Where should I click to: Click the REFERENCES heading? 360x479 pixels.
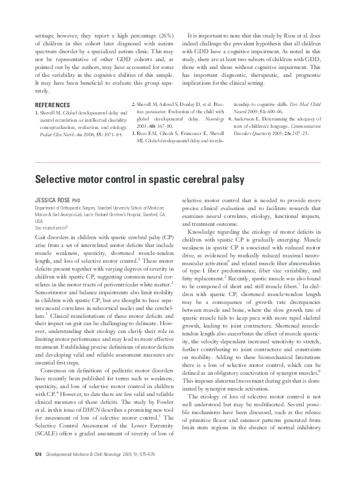click(x=54, y=105)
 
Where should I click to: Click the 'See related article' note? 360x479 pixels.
click(x=51, y=226)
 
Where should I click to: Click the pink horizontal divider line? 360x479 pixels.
click(x=180, y=162)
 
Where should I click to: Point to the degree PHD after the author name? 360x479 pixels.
click(x=76, y=199)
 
